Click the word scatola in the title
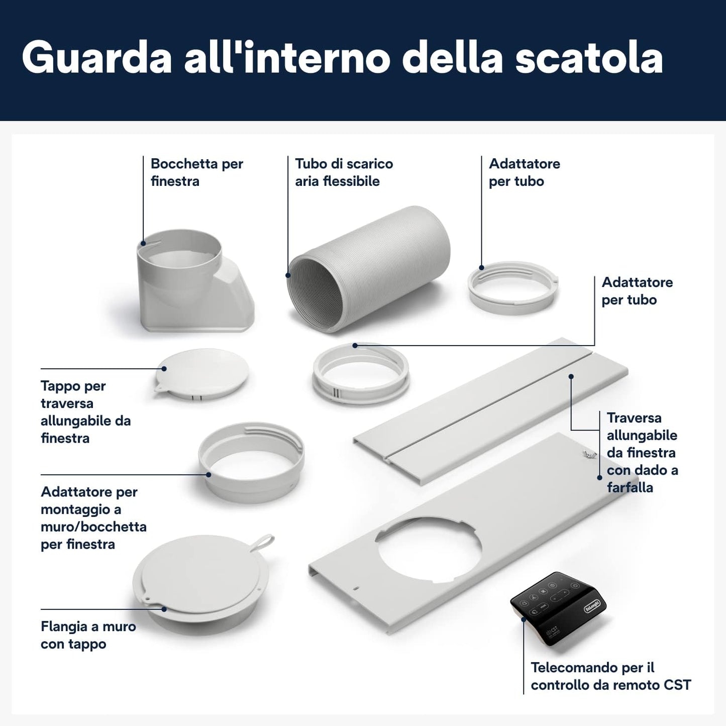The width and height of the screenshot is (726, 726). pyautogui.click(x=589, y=58)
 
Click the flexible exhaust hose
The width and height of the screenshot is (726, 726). pyautogui.click(x=368, y=269)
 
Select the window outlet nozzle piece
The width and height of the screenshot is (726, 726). pyautogui.click(x=195, y=280)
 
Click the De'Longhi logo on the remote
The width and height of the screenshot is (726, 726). pyautogui.click(x=593, y=607)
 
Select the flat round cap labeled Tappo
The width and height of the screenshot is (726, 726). pyautogui.click(x=201, y=374)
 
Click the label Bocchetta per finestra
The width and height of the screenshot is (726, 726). pyautogui.click(x=197, y=172)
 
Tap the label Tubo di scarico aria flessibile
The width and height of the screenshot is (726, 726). pyautogui.click(x=344, y=172)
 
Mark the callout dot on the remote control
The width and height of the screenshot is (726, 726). pyautogui.click(x=524, y=620)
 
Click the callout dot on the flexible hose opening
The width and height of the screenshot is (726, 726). pyautogui.click(x=288, y=275)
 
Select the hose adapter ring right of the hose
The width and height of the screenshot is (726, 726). pyautogui.click(x=513, y=287)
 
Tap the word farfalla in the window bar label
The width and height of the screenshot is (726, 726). pyautogui.click(x=630, y=488)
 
